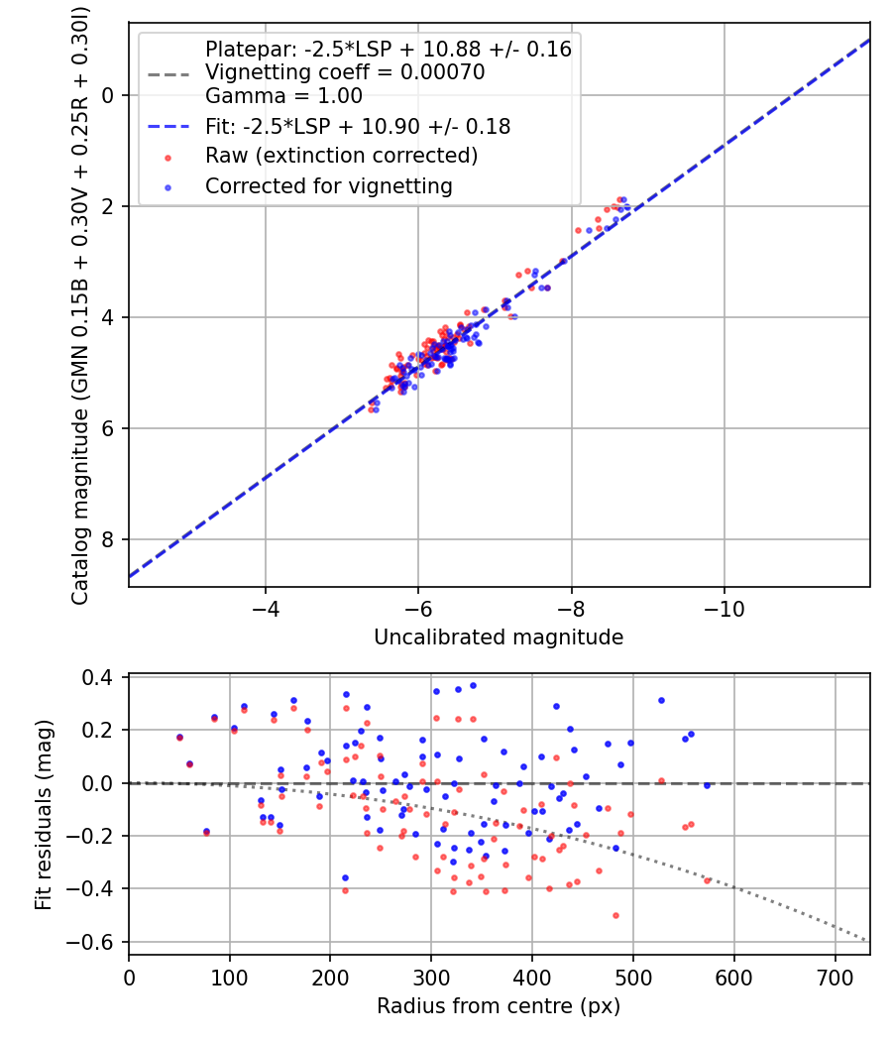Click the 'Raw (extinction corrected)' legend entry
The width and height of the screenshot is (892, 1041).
(x=341, y=156)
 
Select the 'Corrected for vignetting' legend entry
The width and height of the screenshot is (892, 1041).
(x=328, y=185)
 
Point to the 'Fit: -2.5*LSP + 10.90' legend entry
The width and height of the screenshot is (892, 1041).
(x=357, y=126)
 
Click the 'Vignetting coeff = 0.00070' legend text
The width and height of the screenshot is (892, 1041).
(x=344, y=72)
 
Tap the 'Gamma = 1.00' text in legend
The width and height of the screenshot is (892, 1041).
(x=283, y=96)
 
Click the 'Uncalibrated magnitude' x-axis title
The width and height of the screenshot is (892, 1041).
(x=499, y=637)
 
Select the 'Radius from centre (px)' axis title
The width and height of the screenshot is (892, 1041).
(x=499, y=1005)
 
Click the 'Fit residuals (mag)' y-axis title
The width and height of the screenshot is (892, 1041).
(x=43, y=815)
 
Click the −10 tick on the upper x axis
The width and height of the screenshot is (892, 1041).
(x=725, y=607)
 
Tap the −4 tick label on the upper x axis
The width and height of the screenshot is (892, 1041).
(x=266, y=607)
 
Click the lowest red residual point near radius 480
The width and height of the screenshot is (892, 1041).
(x=615, y=915)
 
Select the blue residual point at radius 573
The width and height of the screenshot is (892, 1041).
(x=707, y=785)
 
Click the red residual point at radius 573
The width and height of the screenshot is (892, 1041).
(x=707, y=879)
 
